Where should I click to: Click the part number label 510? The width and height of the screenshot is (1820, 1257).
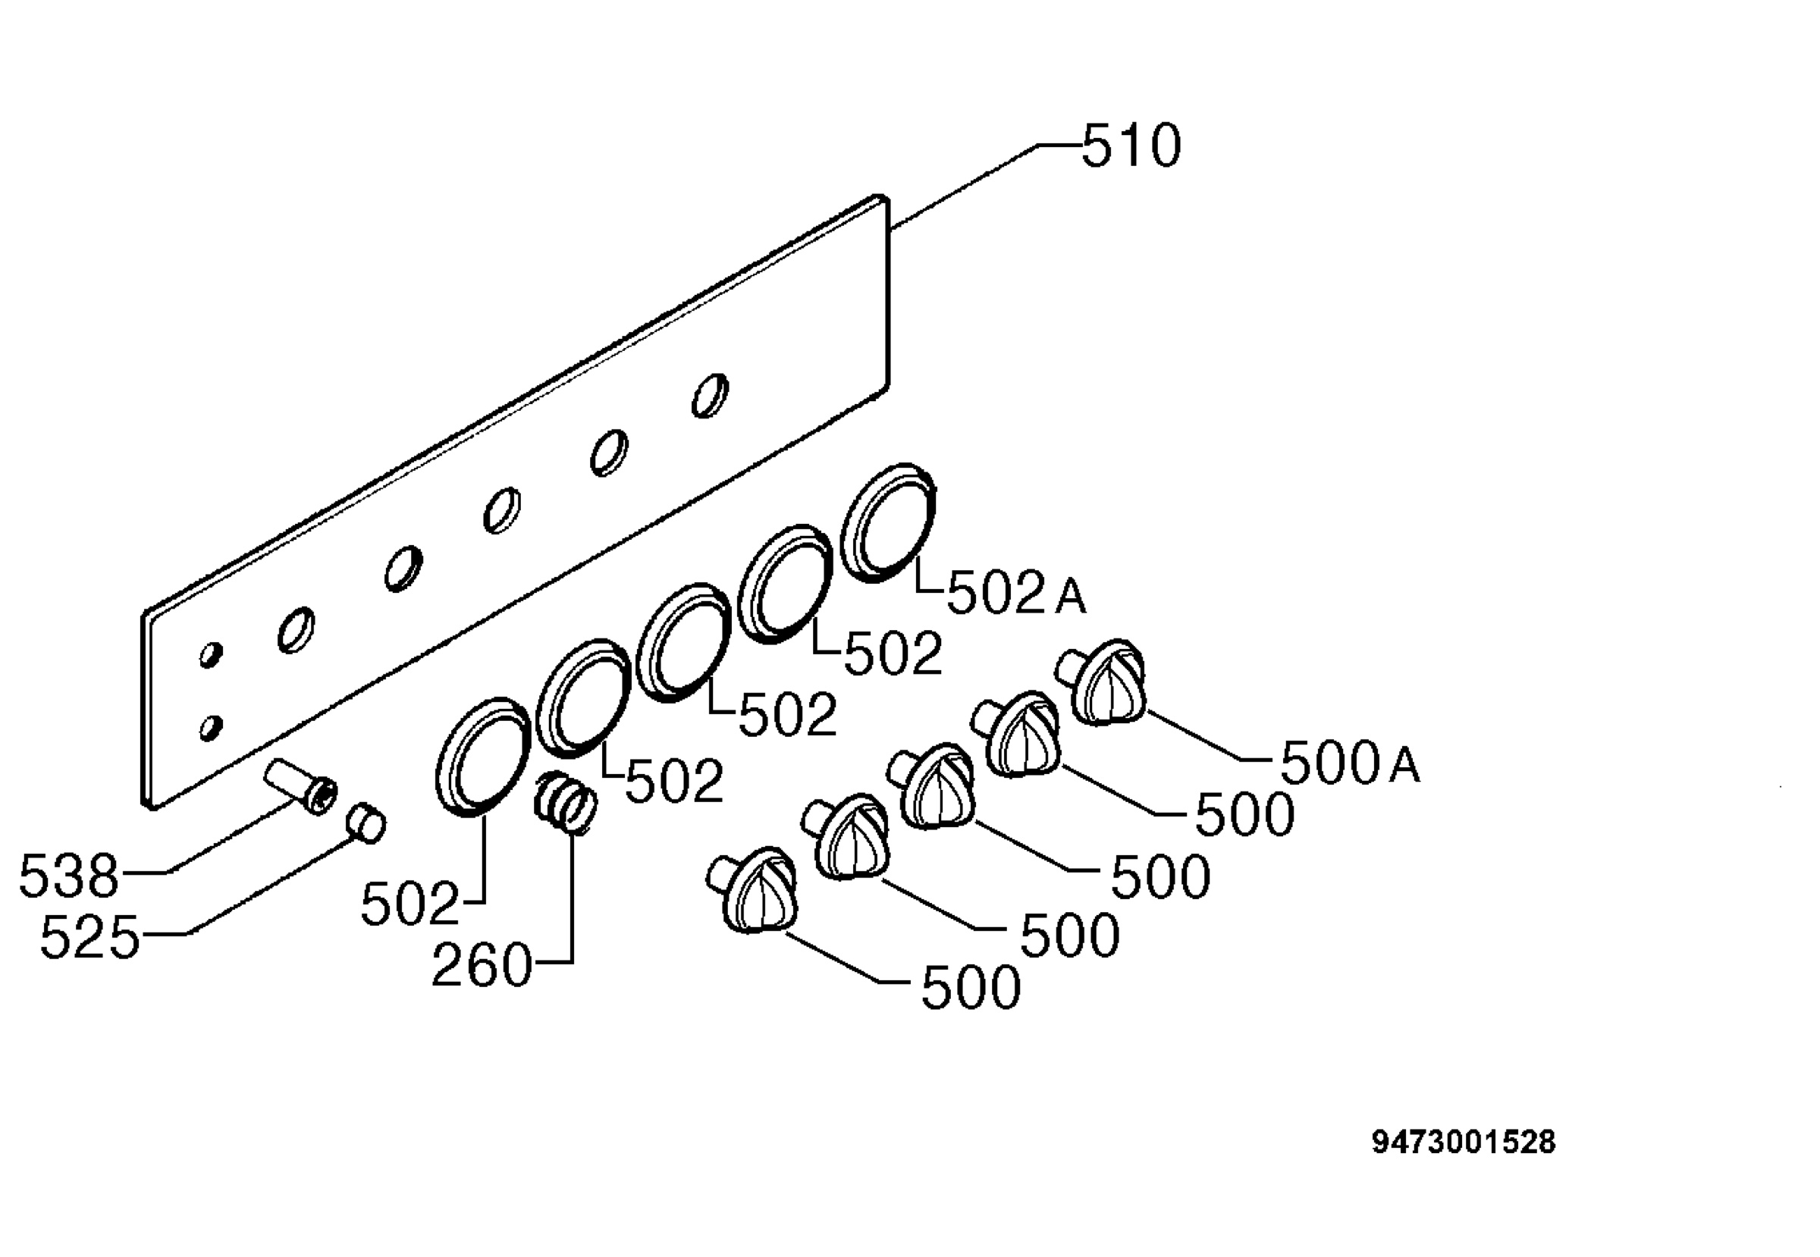(x=1131, y=146)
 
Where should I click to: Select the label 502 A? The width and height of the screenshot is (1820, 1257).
(x=1015, y=593)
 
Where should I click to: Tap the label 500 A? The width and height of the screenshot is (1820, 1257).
(x=1350, y=763)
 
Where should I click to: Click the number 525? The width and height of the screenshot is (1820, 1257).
(x=89, y=937)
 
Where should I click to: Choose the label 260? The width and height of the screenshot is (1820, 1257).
(x=482, y=966)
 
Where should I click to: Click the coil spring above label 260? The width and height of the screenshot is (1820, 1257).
(x=565, y=802)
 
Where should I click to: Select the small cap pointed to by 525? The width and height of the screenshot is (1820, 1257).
(x=366, y=824)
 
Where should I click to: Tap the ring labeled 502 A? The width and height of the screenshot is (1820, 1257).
(x=888, y=523)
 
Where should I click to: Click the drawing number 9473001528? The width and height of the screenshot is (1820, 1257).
(x=1464, y=1141)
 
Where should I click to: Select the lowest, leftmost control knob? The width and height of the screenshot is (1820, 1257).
(x=753, y=891)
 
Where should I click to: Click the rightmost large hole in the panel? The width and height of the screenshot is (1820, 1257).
(x=710, y=396)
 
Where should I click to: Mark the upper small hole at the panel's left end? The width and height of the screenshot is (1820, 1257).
(x=210, y=654)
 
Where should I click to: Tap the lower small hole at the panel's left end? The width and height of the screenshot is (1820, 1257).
(x=210, y=727)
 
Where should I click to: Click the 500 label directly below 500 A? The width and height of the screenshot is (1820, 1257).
(x=1245, y=814)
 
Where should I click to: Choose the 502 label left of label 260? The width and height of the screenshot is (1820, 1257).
(x=409, y=904)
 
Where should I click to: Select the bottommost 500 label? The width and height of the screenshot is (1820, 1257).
(x=971, y=988)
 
